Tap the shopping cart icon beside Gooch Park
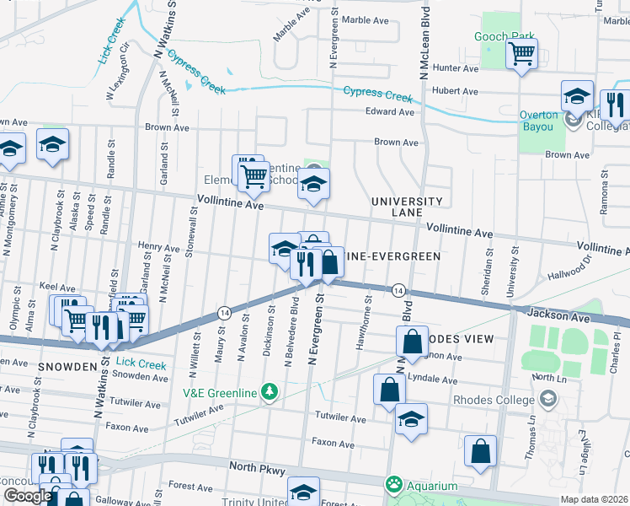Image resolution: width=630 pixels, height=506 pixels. tap(522, 54)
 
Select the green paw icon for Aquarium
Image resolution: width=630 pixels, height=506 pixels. tap(392, 485)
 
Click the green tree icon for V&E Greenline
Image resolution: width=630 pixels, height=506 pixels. tap(269, 390)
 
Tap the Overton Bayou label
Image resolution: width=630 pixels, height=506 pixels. tap(538, 121)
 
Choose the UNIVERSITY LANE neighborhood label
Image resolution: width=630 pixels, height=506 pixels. tap(407, 207)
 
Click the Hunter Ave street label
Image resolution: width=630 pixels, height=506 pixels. tap(456, 67)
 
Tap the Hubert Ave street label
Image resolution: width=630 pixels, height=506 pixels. tap(455, 91)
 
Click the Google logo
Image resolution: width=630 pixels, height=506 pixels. tap(27, 496)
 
